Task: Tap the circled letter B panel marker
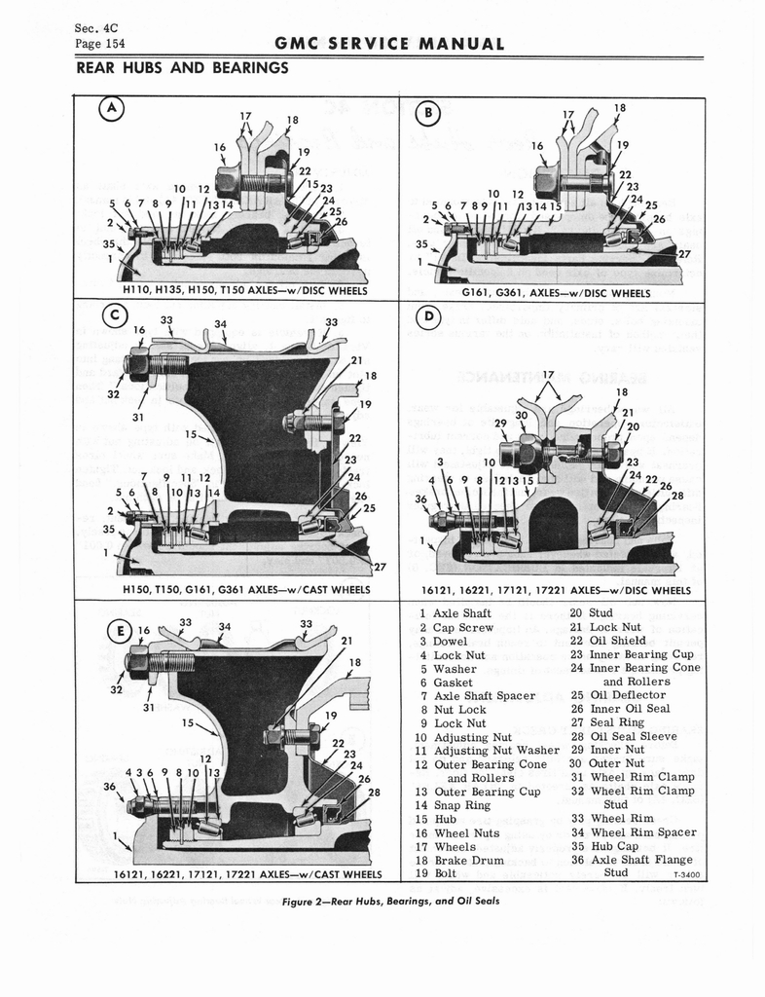(x=429, y=115)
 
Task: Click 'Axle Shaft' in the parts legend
(x=461, y=613)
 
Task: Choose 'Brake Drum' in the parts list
(x=468, y=860)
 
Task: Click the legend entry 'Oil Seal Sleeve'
(x=633, y=736)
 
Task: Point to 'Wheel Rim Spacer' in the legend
(x=642, y=831)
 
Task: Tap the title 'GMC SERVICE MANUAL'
(x=389, y=44)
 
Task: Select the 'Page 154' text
(x=99, y=44)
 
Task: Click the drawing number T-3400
(x=686, y=874)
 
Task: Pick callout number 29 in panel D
(x=500, y=424)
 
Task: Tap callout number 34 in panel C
(x=222, y=324)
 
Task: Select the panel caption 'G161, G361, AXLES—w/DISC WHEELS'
(x=556, y=292)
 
